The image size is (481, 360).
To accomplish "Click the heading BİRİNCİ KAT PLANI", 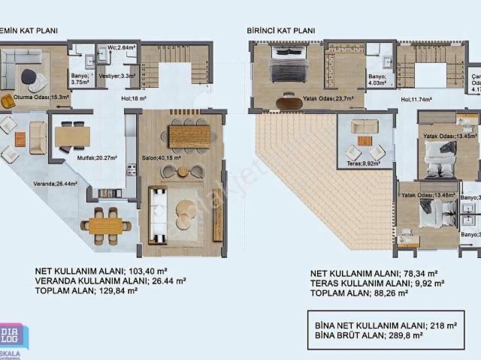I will pyautogui.click(x=280, y=31).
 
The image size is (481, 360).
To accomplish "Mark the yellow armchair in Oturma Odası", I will pyautogui.click(x=8, y=101).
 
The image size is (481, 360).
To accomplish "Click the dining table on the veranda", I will pyautogui.click(x=105, y=225).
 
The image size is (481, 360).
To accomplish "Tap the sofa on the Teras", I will pyautogui.click(x=365, y=125).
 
